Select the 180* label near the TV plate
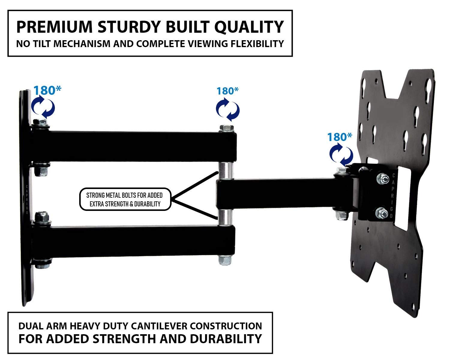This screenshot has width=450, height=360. [x=340, y=137]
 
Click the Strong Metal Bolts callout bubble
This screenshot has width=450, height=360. [x=125, y=199]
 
